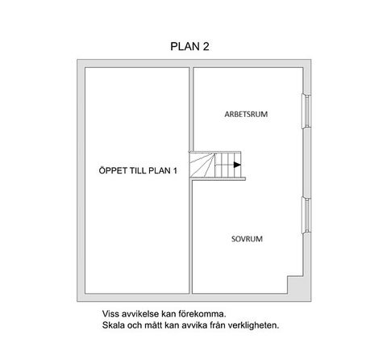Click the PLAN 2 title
[x=189, y=46]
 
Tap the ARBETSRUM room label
[x=246, y=114]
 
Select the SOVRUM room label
[x=247, y=239]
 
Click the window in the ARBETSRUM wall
[x=306, y=111]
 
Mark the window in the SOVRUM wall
[x=306, y=216]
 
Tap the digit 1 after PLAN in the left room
[x=175, y=170]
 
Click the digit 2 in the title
[x=206, y=46]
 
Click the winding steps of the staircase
[x=202, y=165]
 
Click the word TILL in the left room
[x=138, y=170]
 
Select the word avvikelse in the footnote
[x=140, y=314]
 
